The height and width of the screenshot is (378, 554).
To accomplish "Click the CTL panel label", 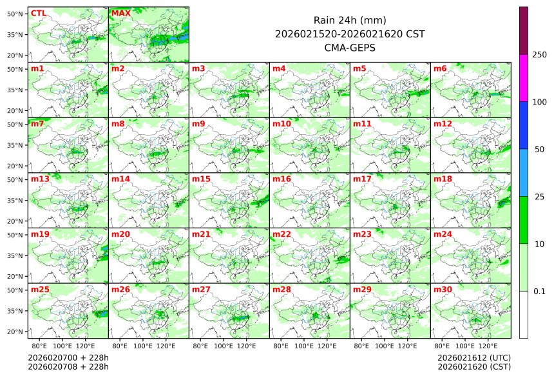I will (x=39, y=13).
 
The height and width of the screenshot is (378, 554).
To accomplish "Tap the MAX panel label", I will (x=120, y=13).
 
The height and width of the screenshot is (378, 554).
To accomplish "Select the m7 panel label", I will (x=37, y=123).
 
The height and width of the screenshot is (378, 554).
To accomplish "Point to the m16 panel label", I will (x=282, y=179).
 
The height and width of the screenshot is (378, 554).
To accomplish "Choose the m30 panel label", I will (x=443, y=290).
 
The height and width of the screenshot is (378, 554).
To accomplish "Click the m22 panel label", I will (x=282, y=234).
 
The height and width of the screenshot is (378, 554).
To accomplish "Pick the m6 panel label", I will (x=440, y=68).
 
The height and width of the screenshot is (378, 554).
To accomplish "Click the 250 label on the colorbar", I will (x=539, y=55).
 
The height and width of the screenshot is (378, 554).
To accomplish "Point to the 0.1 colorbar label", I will (x=539, y=292).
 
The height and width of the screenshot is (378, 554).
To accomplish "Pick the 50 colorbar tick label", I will (x=539, y=150).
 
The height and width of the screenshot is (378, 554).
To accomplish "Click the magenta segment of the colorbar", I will (x=524, y=77).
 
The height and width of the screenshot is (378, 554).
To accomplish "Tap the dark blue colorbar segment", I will (x=524, y=125).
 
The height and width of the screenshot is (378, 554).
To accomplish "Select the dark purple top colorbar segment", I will (x=524, y=30).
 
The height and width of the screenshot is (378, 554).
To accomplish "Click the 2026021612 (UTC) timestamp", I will (x=473, y=357).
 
